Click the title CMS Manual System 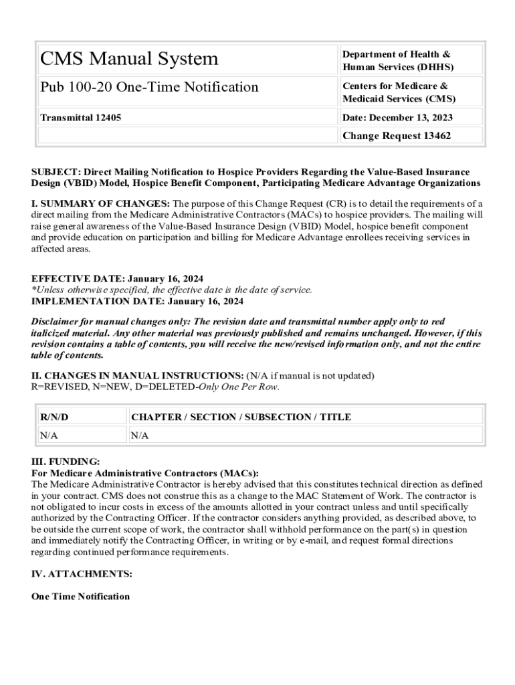[129, 59]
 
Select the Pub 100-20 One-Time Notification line [149, 87]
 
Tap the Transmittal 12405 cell [80, 118]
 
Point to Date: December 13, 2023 [397, 118]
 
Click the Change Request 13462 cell [397, 136]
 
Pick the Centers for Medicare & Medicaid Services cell [399, 92]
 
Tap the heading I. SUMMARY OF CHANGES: [101, 203]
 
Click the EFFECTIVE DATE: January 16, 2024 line [118, 278]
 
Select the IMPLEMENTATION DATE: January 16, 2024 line [138, 301]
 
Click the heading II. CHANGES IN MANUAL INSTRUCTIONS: [138, 375]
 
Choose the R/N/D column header [54, 417]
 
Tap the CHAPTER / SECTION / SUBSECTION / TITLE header [241, 417]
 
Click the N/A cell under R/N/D [49, 435]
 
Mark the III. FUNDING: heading [66, 462]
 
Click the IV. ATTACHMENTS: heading [82, 574]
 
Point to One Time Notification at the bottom [80, 596]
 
